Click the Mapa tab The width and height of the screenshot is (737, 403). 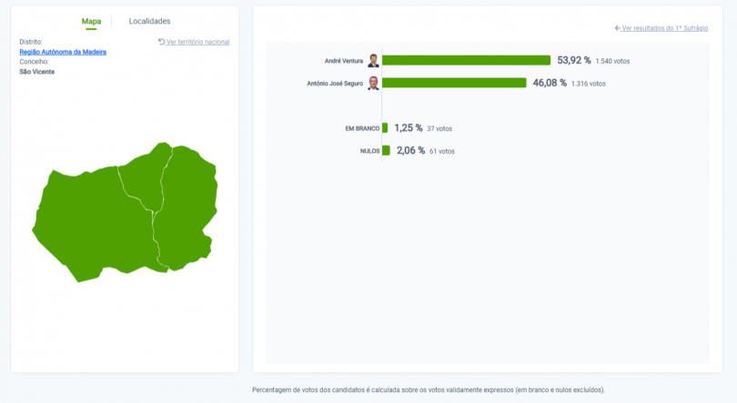pyautogui.click(x=91, y=21)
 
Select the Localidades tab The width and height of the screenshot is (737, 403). pyautogui.click(x=149, y=21)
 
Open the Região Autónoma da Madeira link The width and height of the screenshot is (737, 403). pyautogui.click(x=63, y=52)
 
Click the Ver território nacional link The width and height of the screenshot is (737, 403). pyautogui.click(x=194, y=42)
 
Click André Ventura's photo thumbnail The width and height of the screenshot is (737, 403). pyautogui.click(x=373, y=61)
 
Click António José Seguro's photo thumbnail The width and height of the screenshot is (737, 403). pyautogui.click(x=373, y=84)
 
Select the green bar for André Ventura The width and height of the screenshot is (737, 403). pyautogui.click(x=466, y=60)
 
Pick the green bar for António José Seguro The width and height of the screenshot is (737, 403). pyautogui.click(x=454, y=83)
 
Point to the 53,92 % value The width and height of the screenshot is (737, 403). pyautogui.click(x=573, y=60)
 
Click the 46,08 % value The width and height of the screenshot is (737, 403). pyautogui.click(x=550, y=83)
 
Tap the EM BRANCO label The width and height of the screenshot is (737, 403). pyautogui.click(x=361, y=128)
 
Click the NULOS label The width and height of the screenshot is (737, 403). pyautogui.click(x=369, y=151)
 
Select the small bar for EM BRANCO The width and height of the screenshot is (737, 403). pyautogui.click(x=385, y=128)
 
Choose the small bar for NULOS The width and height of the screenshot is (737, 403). pyautogui.click(x=386, y=151)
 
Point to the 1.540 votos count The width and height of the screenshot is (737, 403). pyautogui.click(x=612, y=61)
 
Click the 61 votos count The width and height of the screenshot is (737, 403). pyautogui.click(x=442, y=151)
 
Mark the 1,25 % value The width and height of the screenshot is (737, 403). pyautogui.click(x=408, y=128)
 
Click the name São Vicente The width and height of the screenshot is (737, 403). pyautogui.click(x=37, y=72)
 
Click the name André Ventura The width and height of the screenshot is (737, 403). pyautogui.click(x=343, y=61)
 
